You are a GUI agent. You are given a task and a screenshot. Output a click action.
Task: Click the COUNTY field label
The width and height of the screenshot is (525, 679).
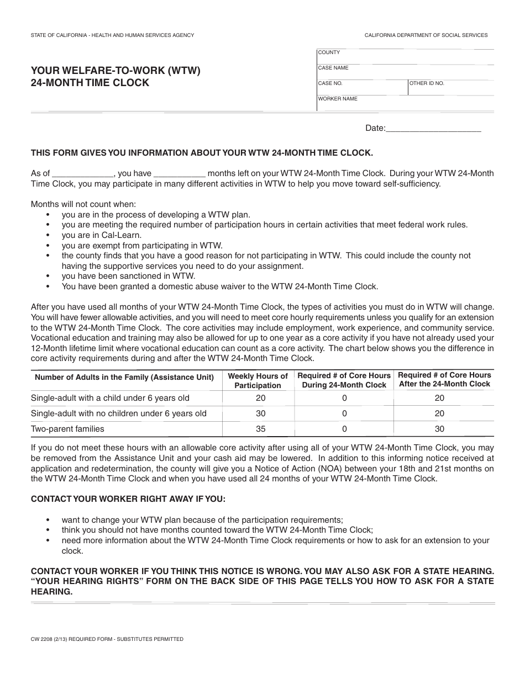pyautogui.click(x=329, y=52)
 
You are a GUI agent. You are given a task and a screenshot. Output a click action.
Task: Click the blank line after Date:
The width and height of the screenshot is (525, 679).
pyautogui.click(x=433, y=129)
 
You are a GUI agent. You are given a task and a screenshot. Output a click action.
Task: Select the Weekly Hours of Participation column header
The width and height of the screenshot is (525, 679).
pyautogui.click(x=258, y=381)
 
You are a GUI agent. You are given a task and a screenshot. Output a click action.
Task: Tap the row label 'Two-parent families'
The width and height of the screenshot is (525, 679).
pyautogui.click(x=67, y=429)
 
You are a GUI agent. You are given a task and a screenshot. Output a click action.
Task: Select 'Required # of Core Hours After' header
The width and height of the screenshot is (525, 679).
pyautogui.click(x=444, y=379)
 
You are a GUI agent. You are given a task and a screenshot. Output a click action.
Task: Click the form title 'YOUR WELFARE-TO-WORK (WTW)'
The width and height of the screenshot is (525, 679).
pyautogui.click(x=116, y=71)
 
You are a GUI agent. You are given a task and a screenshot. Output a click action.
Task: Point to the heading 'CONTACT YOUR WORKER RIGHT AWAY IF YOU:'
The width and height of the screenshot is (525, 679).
pyautogui.click(x=128, y=499)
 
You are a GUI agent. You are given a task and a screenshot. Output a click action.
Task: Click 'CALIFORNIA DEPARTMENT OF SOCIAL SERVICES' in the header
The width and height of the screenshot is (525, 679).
pyautogui.click(x=426, y=35)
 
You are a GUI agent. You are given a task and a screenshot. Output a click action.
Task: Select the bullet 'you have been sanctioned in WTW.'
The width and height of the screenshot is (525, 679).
pyautogui.click(x=128, y=276)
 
